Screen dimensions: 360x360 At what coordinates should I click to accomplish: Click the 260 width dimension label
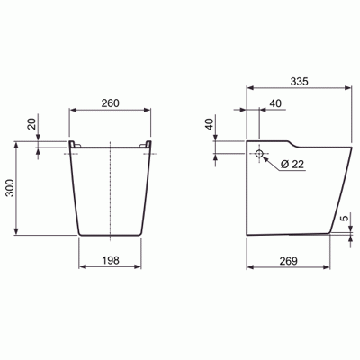pos(110,103)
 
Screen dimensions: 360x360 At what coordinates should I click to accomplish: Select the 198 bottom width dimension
pos(111,260)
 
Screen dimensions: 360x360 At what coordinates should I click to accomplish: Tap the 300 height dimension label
pos(10,188)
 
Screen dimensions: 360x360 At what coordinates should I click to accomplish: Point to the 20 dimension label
pos(31,123)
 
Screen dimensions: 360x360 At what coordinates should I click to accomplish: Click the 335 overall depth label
pos(299,81)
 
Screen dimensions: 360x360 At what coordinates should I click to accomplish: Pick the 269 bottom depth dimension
pos(289,261)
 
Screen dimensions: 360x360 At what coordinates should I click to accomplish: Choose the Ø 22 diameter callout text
pos(292,164)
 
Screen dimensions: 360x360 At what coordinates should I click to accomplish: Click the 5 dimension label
pos(346,218)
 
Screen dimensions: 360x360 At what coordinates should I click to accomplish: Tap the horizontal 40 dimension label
pos(275,103)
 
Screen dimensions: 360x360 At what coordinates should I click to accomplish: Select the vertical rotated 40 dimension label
pos(210,124)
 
